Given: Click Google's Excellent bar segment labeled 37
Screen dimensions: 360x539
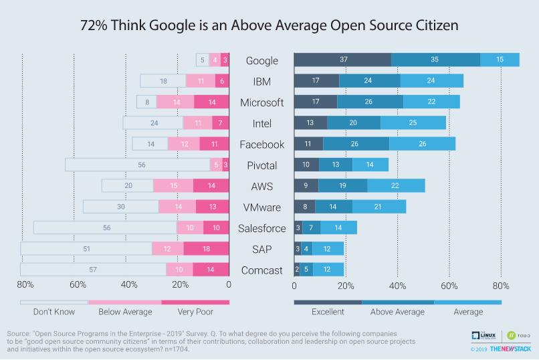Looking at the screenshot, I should coord(342,60).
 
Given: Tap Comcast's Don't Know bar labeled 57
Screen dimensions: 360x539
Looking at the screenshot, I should coord(93,270).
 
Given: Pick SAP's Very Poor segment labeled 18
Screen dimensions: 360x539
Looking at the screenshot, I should coord(206,249).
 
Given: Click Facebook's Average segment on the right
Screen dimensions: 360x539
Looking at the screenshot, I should coord(422,144).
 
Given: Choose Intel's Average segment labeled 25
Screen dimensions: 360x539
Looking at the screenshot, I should coord(413,123).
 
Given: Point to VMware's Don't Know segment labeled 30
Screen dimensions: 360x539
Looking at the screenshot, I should coord(120,207).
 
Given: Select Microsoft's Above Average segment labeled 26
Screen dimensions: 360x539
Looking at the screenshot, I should coord(370,102).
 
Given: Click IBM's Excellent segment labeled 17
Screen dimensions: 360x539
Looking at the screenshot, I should coord(316,81).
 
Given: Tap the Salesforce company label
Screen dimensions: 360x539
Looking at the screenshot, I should coord(261,228).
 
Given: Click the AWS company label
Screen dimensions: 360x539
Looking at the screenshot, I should coord(261,186).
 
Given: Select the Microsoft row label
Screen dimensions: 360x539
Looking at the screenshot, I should coord(261,102).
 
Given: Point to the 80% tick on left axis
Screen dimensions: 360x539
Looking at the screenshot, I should coord(25,285).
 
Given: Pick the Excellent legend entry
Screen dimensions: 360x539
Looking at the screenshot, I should coord(328,311).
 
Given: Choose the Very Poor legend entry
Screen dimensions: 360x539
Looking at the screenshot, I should coord(195,311).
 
